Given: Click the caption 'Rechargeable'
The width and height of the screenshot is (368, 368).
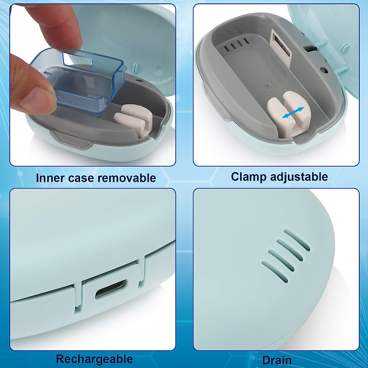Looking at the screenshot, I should click(x=94, y=359).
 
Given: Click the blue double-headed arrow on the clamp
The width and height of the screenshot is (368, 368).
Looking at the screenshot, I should click(x=293, y=113).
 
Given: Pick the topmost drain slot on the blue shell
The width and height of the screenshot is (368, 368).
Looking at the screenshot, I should click(x=297, y=240).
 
